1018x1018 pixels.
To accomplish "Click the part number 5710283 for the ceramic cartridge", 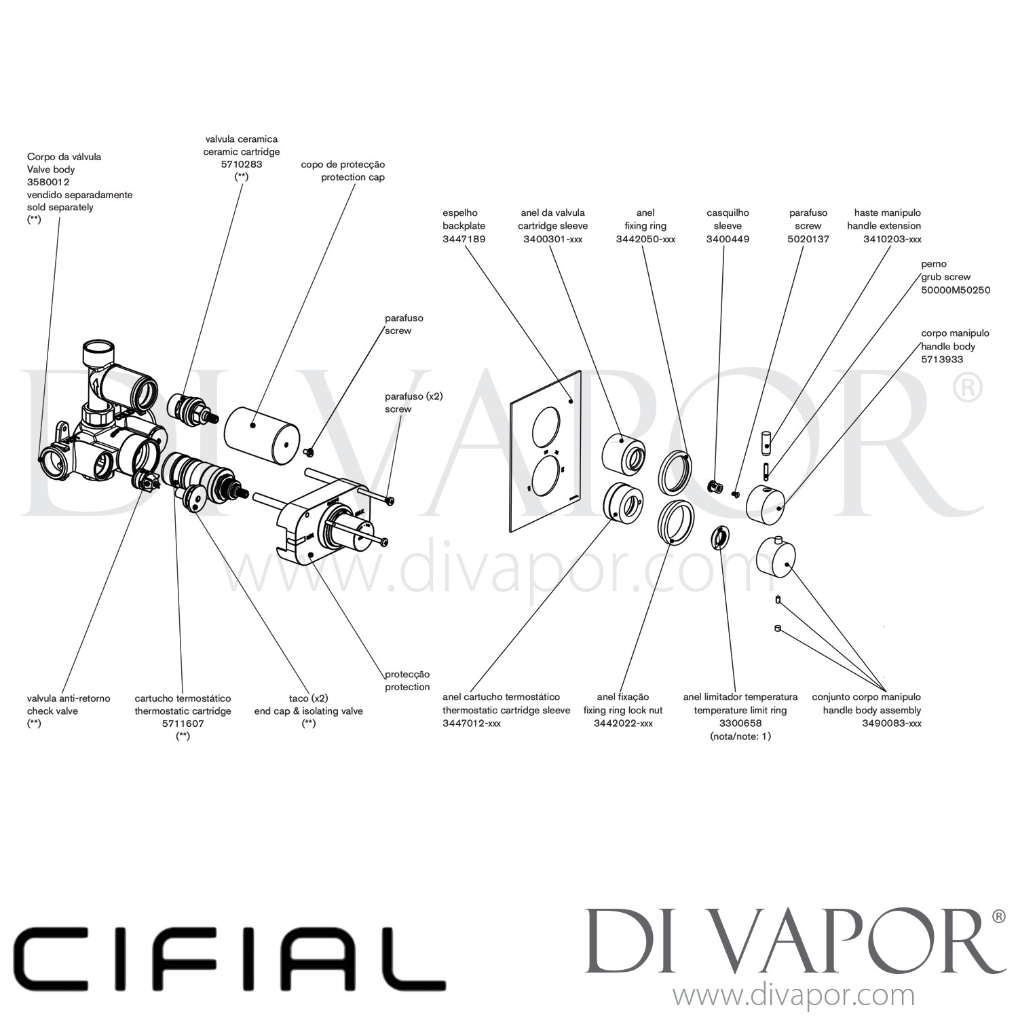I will pos(241,164).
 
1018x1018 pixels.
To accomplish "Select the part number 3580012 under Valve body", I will pos(48,182).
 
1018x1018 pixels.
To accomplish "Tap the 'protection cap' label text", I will pos(352,177).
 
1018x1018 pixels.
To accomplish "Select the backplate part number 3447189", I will pos(464,239).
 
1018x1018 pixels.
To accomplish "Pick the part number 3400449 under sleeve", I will pos(728,239).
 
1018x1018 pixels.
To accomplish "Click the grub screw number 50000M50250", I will pos(955,290).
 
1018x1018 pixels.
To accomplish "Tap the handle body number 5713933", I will pos(941,359).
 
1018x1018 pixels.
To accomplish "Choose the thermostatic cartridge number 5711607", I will pos(183,723).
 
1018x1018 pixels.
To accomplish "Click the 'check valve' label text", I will pos(52,711).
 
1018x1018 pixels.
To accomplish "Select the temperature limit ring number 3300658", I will pos(740,723).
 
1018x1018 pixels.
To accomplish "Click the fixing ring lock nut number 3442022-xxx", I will pos(623,723).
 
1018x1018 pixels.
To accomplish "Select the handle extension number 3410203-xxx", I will pos(892,239).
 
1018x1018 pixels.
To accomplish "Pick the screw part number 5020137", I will pos(808,239).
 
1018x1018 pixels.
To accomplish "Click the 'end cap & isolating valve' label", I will pos(308,711).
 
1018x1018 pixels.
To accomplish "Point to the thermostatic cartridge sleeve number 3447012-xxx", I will pos(472,723).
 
